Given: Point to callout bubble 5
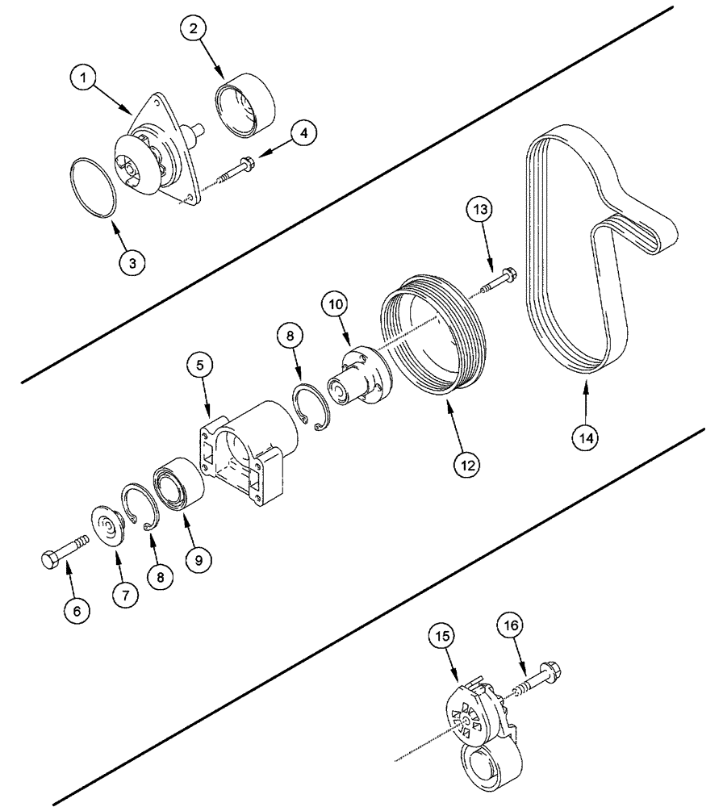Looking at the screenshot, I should (202, 365).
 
